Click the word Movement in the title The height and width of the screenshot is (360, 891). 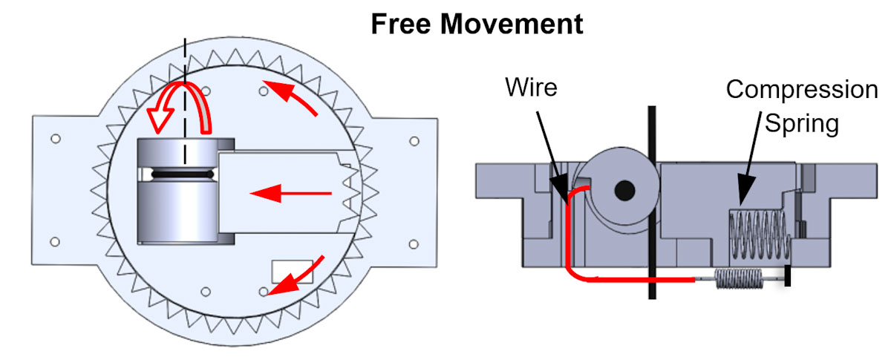pos(511,24)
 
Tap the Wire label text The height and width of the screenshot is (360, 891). pos(532,87)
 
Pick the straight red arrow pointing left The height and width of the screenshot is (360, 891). pos(290,194)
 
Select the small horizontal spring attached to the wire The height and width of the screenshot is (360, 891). pos(740,280)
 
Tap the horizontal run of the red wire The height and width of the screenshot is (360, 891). pos(639,279)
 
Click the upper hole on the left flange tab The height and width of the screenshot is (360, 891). pos(55,139)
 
